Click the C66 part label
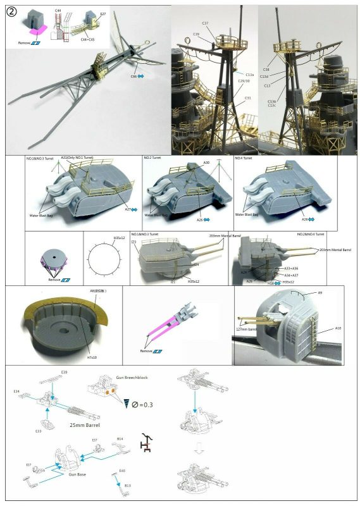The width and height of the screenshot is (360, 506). click(x=133, y=76)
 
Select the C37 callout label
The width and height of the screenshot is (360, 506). click(x=206, y=23)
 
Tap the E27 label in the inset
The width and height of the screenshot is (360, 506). click(x=103, y=13)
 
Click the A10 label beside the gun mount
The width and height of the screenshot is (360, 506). click(x=337, y=329)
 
